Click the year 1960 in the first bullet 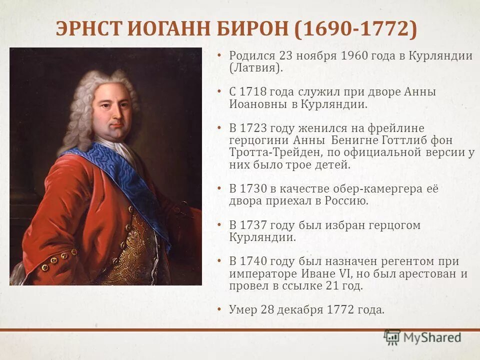pyautogui.click(x=354, y=55)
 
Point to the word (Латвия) pyautogui.click(x=255, y=68)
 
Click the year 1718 pyautogui.click(x=253, y=92)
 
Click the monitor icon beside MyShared pyautogui.click(x=392, y=337)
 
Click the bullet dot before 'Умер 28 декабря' pyautogui.click(x=219, y=309)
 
